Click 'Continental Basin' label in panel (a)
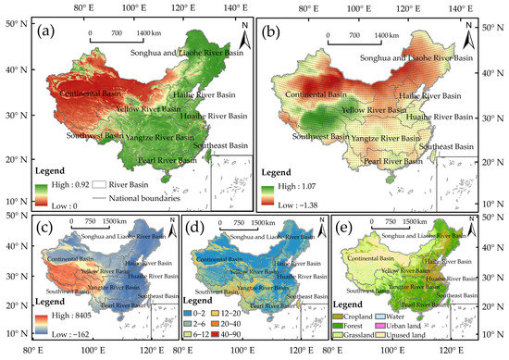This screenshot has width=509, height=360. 92,94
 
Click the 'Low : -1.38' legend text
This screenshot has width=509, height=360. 305,200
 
